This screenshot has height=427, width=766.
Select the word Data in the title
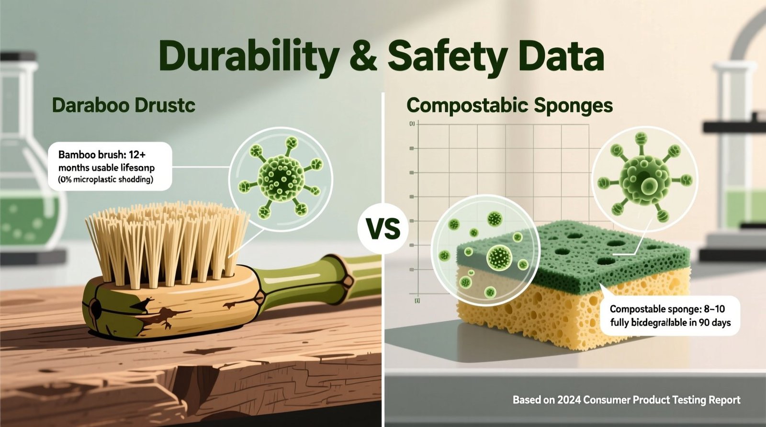coord(561,56)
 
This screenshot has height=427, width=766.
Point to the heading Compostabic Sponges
coord(509,105)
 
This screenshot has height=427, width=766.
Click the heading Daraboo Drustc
coord(124,105)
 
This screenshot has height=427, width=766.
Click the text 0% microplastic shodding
coord(106,180)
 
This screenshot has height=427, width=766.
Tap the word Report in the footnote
coord(722,400)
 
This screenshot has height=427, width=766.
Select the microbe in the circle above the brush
coord(281,175)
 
